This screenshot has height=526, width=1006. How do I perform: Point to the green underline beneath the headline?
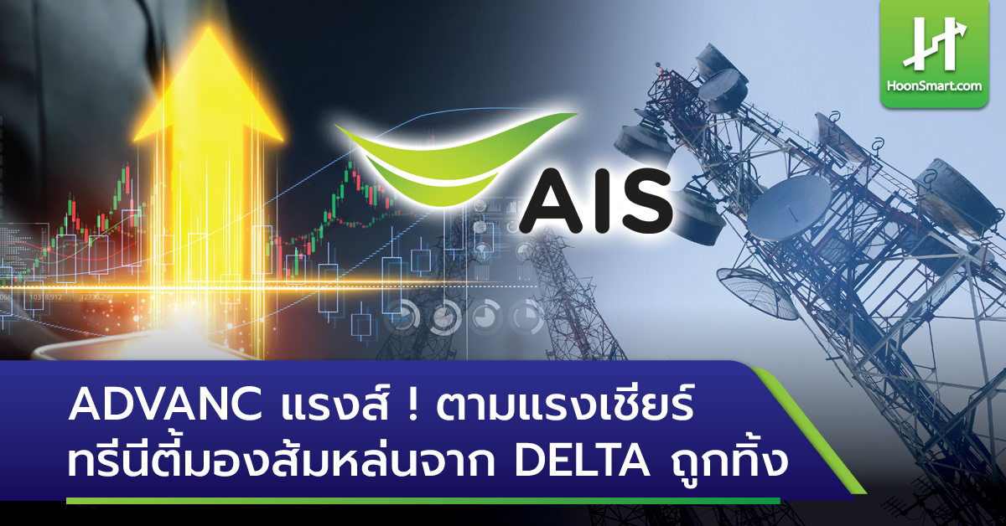[419, 500]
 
